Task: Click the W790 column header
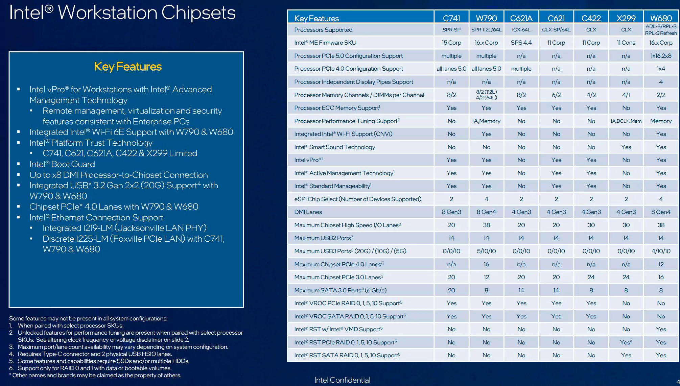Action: [x=486, y=18]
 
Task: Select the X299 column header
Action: [x=626, y=18]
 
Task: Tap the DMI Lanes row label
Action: [x=308, y=212]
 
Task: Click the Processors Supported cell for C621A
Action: [x=521, y=30]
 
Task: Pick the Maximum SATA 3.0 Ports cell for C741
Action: [x=451, y=290]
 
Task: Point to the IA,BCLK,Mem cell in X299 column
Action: [x=626, y=121]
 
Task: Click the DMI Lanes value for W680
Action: [x=661, y=212]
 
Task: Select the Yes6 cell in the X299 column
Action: [x=626, y=342]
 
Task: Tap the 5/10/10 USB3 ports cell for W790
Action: [x=486, y=251]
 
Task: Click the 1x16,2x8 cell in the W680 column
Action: [x=661, y=56]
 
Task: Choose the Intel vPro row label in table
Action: [x=308, y=160]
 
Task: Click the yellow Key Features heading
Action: [x=128, y=67]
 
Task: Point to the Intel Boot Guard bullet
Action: [x=62, y=164]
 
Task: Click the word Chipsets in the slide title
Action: [x=198, y=13]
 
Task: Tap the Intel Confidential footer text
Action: [x=342, y=380]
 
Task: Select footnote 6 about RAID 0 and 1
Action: [x=95, y=368]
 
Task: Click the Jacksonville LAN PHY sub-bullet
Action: [x=124, y=228]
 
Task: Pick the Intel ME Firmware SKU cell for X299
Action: [x=626, y=43]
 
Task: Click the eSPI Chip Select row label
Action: [x=358, y=199]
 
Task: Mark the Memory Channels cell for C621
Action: [x=556, y=95]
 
